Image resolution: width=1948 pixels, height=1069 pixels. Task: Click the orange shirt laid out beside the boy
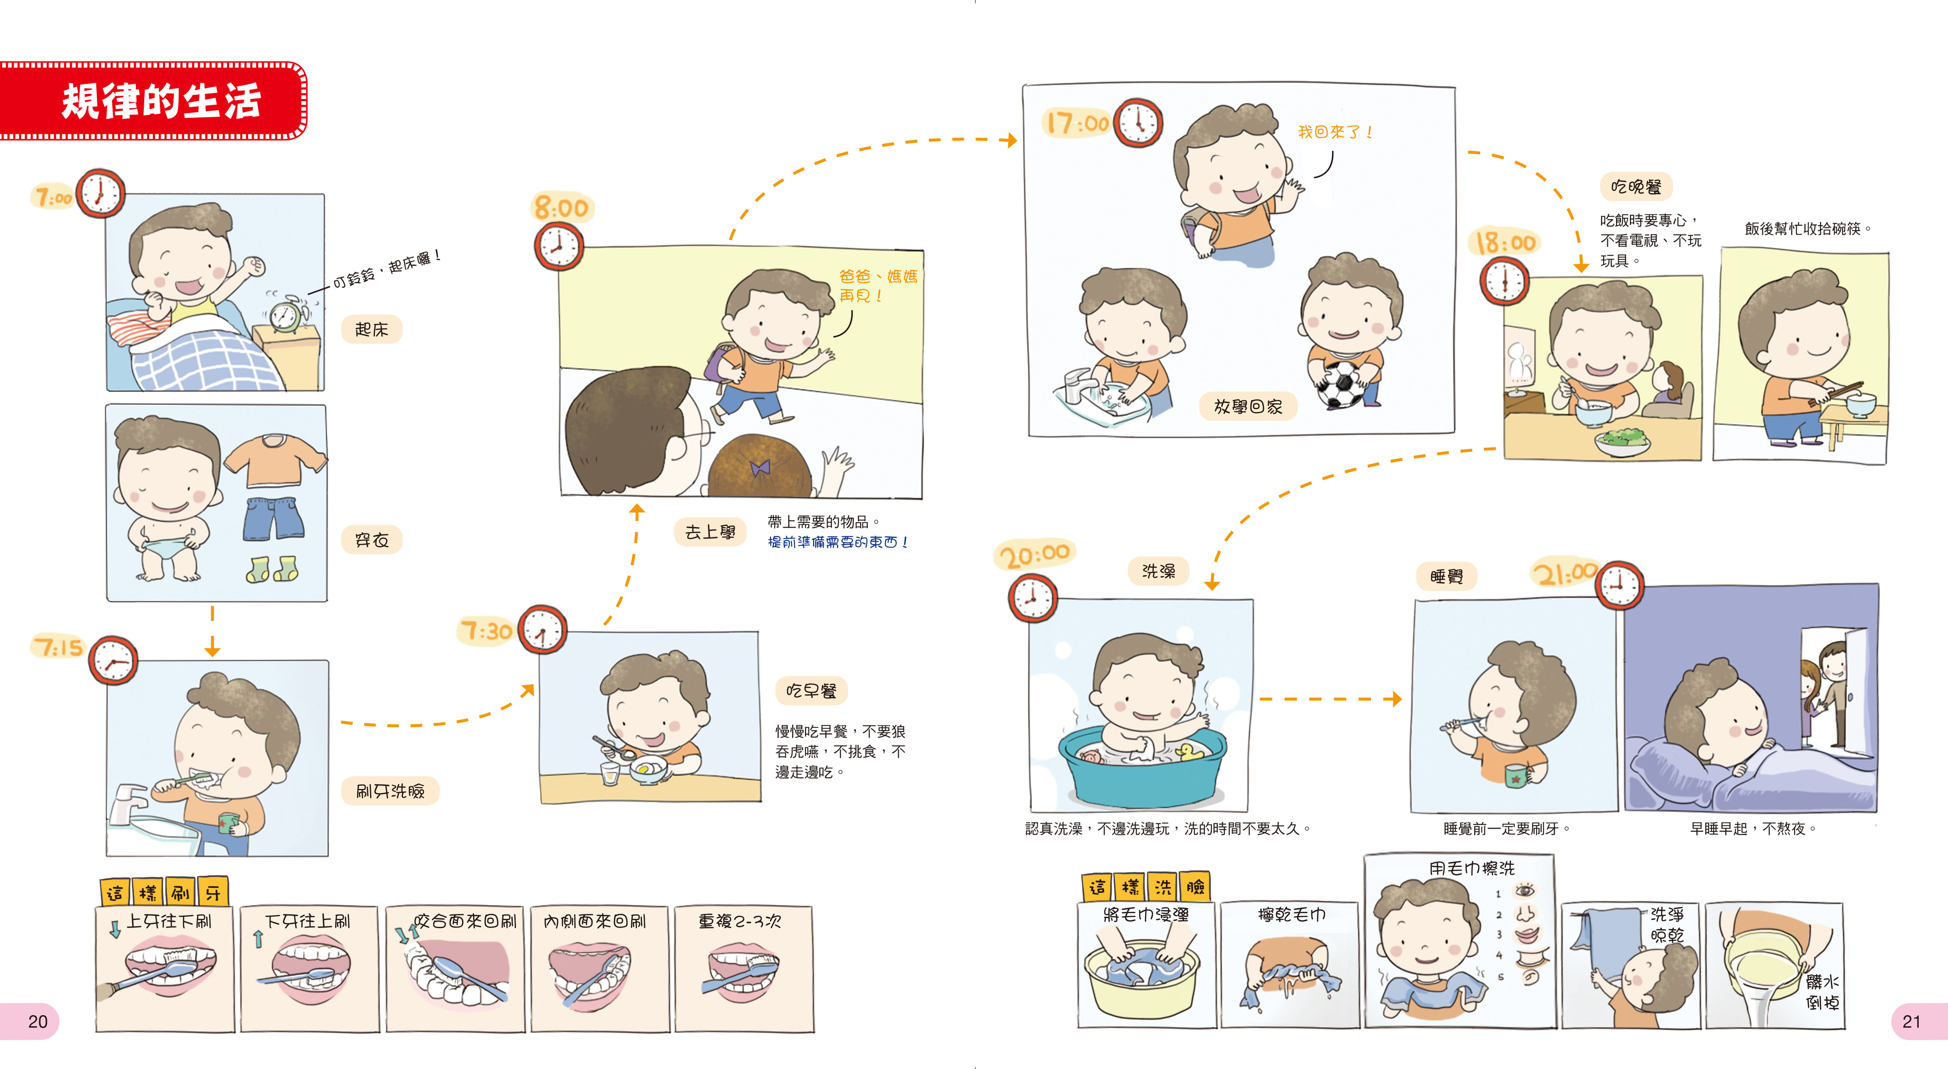[275, 459]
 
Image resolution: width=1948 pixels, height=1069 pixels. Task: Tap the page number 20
[38, 1021]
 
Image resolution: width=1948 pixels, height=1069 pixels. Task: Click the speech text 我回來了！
[1335, 132]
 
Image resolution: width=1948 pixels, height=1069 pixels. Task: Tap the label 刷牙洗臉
[390, 791]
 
